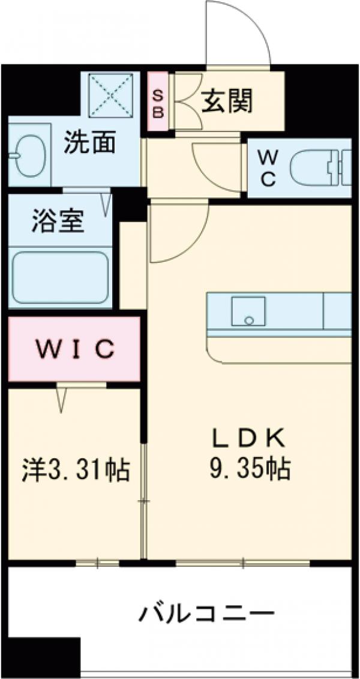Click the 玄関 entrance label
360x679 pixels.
(226, 100)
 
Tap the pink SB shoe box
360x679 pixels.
(158, 102)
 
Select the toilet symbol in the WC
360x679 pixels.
(318, 168)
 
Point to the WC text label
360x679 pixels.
(267, 168)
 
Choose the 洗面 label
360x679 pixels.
(89, 145)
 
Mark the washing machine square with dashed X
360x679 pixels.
(110, 95)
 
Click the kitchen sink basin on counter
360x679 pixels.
(249, 311)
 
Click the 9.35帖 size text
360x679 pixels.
(250, 468)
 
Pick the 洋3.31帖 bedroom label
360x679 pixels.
(75, 469)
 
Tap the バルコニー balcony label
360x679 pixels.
(208, 614)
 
